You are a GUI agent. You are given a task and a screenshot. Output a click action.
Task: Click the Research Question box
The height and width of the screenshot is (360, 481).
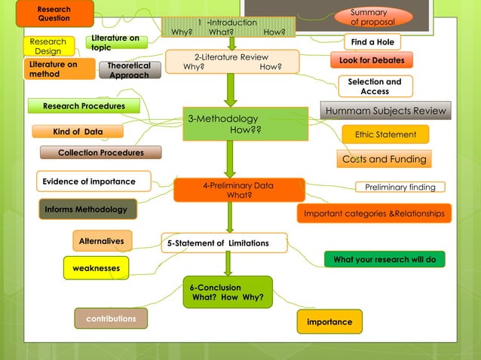point(54,14)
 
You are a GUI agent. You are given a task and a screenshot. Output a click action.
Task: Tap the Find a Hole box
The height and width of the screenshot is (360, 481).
point(372,42)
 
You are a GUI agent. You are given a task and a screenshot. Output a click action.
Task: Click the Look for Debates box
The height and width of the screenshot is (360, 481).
point(372,60)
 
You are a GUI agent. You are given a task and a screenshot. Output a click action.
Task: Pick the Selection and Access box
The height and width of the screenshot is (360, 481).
point(375,87)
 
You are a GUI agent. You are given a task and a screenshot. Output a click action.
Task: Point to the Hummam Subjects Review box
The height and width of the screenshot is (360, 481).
point(386,111)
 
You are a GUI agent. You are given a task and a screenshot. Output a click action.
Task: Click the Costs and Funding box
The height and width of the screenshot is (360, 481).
point(384,159)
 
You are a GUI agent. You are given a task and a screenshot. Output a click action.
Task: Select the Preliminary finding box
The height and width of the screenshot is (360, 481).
point(400,187)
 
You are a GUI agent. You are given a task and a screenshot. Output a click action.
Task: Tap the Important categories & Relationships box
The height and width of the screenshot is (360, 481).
point(374,214)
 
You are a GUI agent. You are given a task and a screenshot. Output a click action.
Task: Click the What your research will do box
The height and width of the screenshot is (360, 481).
point(384,259)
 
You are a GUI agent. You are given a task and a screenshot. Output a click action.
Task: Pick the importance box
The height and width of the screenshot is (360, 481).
point(329,322)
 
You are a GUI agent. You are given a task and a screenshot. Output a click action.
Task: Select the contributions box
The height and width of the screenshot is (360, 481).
point(111,319)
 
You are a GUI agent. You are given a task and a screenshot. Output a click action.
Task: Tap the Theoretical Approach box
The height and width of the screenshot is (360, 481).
point(129,70)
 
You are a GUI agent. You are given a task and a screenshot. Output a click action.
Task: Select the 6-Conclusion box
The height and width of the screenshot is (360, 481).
point(227,292)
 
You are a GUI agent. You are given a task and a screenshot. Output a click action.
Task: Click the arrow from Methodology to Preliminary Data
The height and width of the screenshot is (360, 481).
point(230,159)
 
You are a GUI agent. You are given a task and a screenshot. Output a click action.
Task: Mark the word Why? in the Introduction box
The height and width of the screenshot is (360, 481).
point(182,32)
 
